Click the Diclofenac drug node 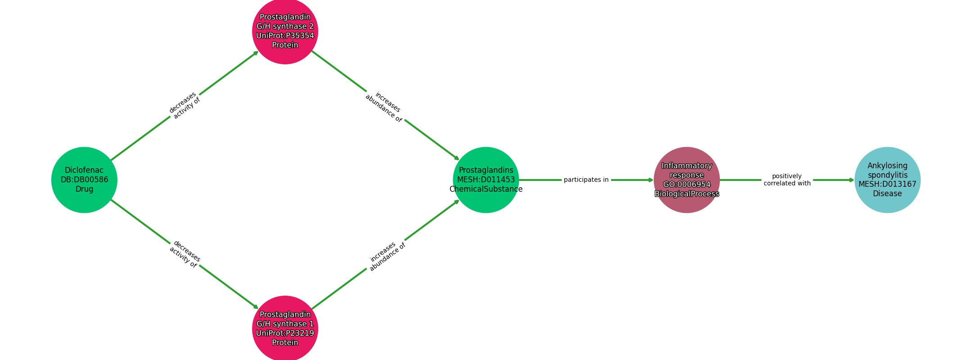(x=84, y=180)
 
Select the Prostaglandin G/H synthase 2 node (x=285, y=31)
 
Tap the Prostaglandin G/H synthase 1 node (x=285, y=328)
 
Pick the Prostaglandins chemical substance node (x=486, y=180)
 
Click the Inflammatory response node (x=687, y=180)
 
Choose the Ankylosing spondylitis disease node (x=887, y=180)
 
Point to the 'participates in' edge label (x=586, y=180)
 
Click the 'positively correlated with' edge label (x=787, y=180)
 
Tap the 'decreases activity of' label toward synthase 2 (x=184, y=105)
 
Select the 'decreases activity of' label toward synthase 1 (x=184, y=254)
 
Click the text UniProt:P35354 (x=285, y=36)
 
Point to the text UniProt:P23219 (x=285, y=333)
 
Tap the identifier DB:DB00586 (x=84, y=180)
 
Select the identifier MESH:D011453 (x=486, y=180)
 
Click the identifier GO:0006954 (x=687, y=184)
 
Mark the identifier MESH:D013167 (x=887, y=184)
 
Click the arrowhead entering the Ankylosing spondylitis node (x=851, y=180)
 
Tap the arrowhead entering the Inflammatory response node (x=651, y=180)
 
